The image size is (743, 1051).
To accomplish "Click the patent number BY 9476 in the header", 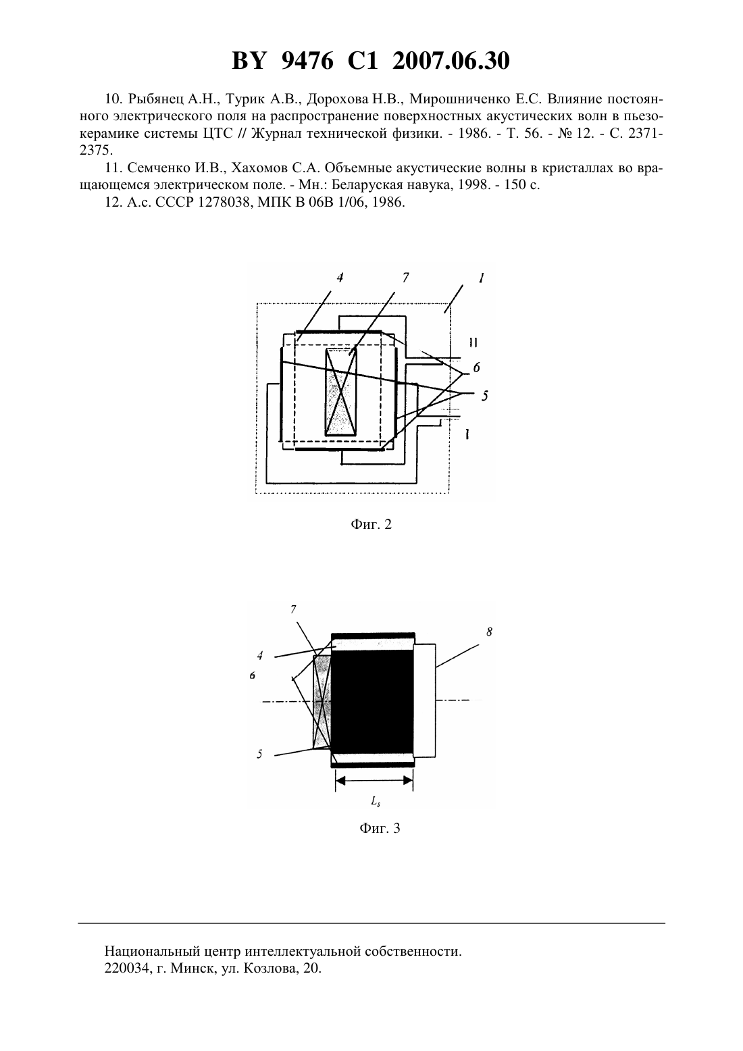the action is coord(283,61).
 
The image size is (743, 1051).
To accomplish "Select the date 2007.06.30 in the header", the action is coord(451,61).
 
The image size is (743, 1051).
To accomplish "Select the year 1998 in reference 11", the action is coord(471,185).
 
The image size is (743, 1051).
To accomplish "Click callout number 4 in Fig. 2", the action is coord(340,278).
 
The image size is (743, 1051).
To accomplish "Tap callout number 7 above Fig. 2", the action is coord(405,278).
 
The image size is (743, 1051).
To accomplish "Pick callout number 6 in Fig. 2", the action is coord(476,367).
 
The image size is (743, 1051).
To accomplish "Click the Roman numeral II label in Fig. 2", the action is coord(473,343).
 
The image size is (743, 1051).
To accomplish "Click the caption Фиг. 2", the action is coord(371,524).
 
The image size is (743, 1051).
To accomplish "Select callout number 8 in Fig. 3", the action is coord(489,632).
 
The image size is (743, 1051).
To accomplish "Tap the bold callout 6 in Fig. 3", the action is coord(253,675).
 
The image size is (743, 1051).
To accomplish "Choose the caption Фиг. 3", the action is coord(380,828).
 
